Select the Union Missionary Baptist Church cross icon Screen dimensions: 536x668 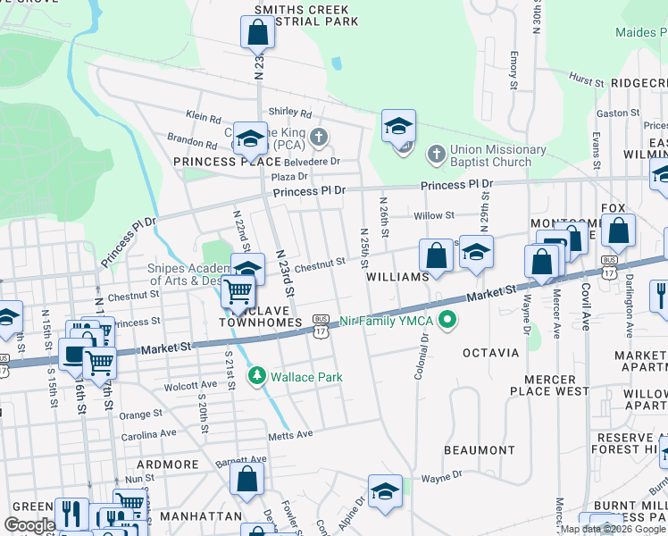(x=436, y=155)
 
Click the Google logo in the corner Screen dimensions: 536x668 (x=29, y=525)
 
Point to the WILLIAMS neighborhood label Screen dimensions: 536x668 (x=398, y=278)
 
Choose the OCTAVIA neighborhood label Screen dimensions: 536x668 (x=491, y=353)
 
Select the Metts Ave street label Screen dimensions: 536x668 (x=290, y=435)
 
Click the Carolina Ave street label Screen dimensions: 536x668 (x=149, y=433)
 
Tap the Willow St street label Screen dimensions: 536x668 (x=434, y=215)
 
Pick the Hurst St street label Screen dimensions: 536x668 (x=586, y=80)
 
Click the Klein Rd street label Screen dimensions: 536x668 (x=203, y=117)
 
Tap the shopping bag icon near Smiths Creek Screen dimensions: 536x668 (x=256, y=33)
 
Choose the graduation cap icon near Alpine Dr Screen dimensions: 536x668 (x=385, y=491)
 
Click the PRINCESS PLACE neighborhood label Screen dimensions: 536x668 (x=215, y=162)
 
